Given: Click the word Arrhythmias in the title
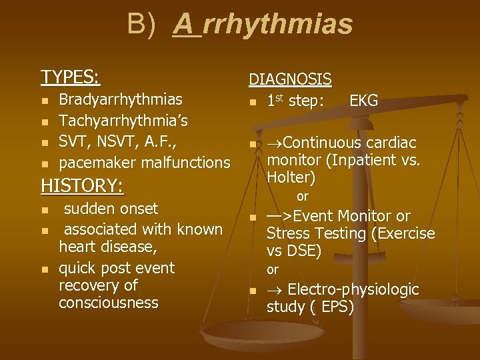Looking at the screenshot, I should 263,25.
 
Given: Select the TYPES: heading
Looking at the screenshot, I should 71,77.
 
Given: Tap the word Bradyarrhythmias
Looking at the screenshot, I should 121,100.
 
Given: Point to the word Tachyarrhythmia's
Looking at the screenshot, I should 124,121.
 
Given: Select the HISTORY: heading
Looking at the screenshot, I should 82,185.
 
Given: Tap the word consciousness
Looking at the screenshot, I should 109,303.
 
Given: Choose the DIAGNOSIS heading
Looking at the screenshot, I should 290,79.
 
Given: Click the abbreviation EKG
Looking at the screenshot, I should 363,101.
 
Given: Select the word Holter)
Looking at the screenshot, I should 291,178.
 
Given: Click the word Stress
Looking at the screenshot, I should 287,233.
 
